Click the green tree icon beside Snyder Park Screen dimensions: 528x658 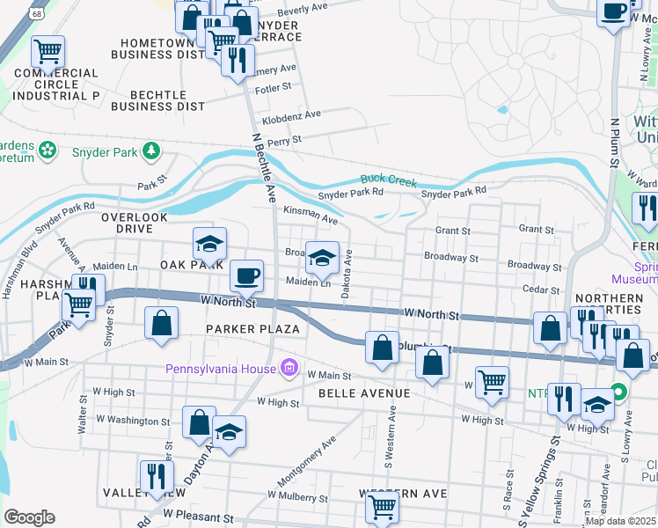[152, 151]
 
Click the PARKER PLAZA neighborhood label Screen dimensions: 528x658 [253, 329]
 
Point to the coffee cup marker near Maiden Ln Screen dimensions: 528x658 [247, 275]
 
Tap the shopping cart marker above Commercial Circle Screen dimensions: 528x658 [48, 50]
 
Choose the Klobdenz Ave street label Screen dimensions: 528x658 [291, 115]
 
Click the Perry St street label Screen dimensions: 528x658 [285, 140]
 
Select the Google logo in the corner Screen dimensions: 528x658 [29, 517]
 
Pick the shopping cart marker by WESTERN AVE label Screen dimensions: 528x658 [382, 505]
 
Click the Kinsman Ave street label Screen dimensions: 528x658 [311, 215]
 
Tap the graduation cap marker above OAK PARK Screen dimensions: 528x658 [210, 243]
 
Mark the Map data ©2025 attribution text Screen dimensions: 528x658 [620, 521]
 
